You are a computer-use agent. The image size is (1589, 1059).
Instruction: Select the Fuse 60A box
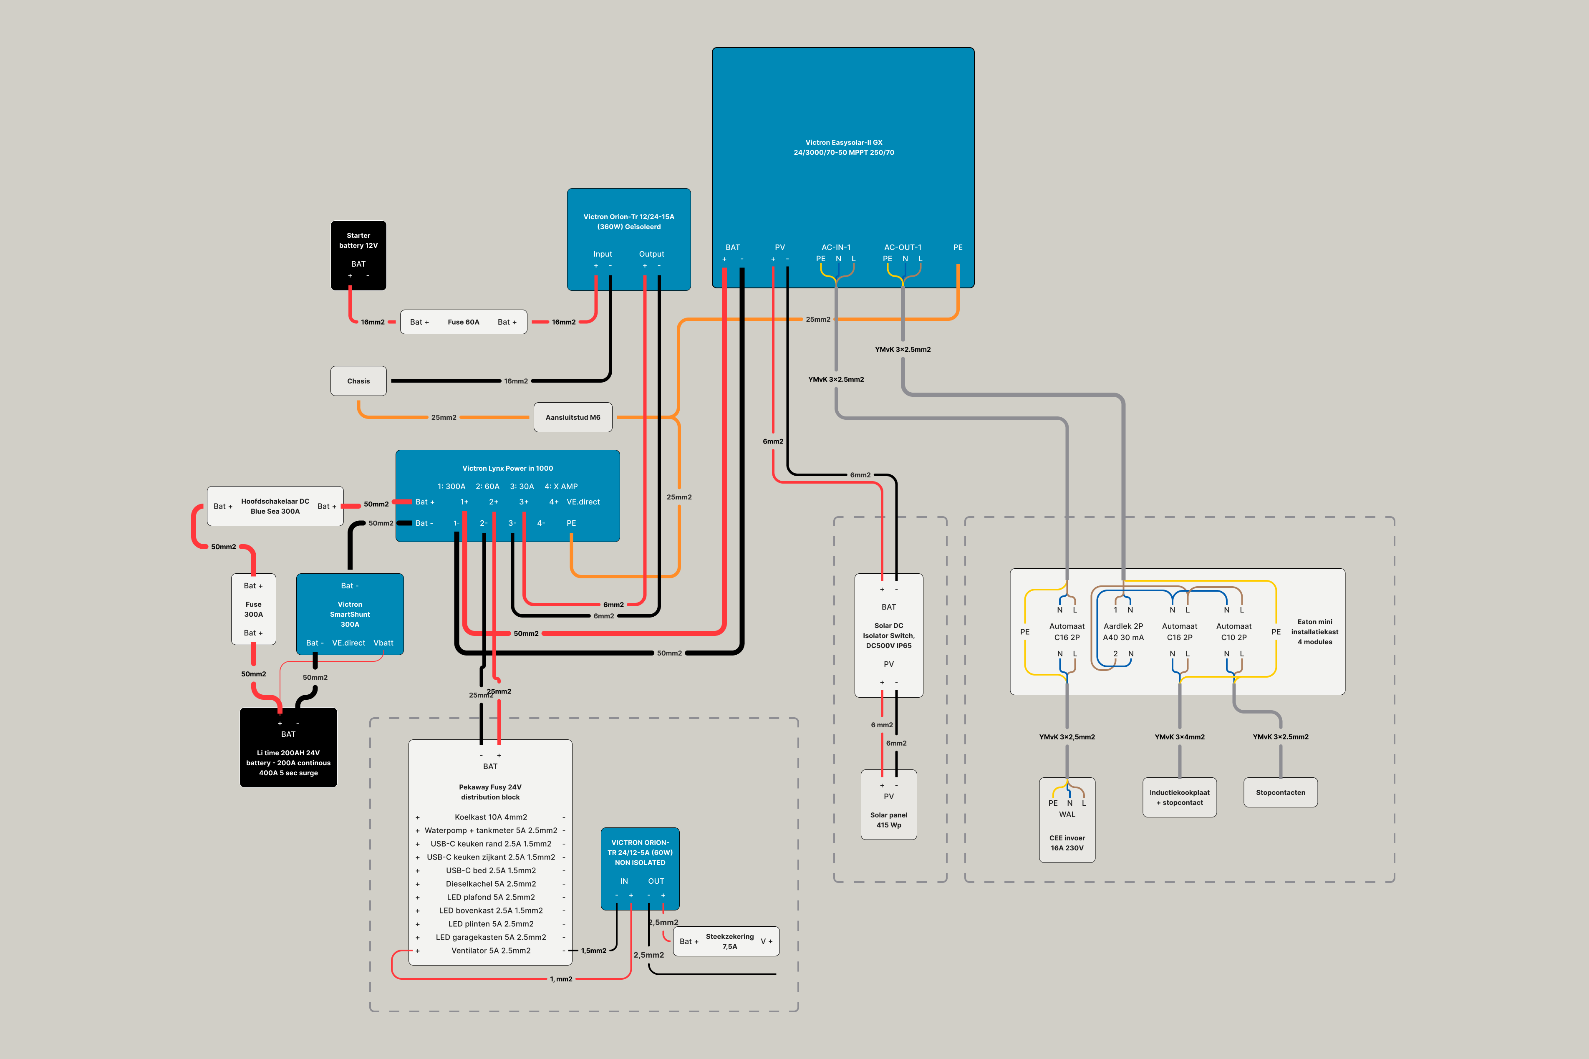463,322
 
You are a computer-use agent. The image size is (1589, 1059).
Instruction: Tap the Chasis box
358,381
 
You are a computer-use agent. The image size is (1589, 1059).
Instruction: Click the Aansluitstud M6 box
573,417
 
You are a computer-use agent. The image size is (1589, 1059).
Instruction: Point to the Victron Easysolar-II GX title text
843,147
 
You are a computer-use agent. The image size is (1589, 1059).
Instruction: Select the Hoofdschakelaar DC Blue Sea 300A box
275,506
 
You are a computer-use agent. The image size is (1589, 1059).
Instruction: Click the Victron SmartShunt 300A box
350,614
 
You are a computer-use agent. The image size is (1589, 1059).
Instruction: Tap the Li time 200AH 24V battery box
288,748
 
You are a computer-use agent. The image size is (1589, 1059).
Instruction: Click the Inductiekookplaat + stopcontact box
1179,798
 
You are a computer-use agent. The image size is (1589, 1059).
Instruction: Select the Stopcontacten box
1280,792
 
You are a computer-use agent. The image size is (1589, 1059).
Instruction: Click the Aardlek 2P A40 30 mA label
1123,631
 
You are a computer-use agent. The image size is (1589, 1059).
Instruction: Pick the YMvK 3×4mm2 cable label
1179,737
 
